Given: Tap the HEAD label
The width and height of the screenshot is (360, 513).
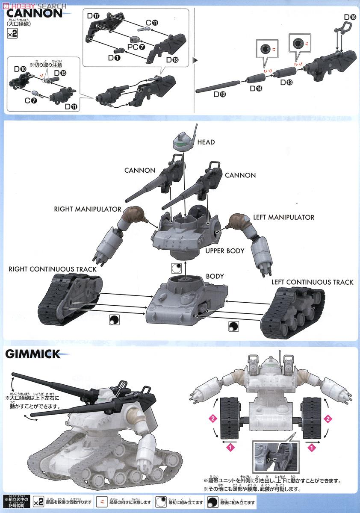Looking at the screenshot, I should point(206,142).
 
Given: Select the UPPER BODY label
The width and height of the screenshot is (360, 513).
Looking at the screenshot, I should point(224,251).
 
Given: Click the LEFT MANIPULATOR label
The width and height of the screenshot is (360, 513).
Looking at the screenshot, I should point(283,218).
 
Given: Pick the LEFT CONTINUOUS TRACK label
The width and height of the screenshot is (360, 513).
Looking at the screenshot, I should point(312,282).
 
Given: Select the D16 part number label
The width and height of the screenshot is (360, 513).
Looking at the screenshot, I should point(349,18).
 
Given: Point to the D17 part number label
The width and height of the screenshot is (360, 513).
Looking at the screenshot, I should point(93,16).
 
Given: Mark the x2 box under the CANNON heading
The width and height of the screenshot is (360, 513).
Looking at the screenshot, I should point(12,35).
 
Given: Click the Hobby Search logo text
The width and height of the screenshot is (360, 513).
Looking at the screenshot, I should point(36,6).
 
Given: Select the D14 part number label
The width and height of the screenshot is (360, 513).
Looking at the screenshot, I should point(256,88).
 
